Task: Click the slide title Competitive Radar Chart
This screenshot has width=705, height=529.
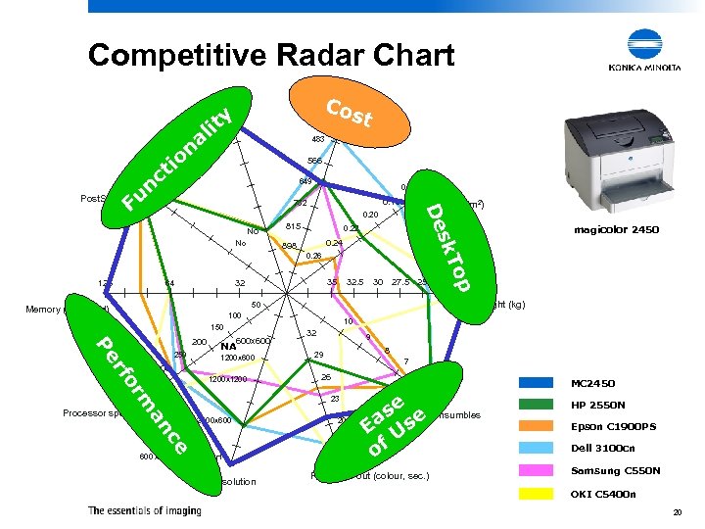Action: coord(271,55)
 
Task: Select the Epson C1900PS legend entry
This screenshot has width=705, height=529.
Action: coord(612,426)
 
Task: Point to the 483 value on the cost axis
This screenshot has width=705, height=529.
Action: coord(318,139)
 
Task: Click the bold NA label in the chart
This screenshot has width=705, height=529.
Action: coord(228,346)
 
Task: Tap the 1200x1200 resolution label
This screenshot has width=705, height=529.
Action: coord(227,379)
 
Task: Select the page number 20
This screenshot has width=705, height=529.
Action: coord(676,513)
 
